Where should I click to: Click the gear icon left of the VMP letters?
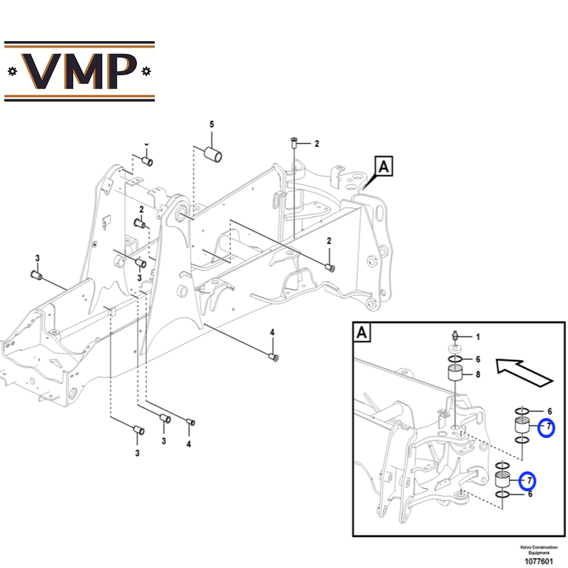click(11, 71)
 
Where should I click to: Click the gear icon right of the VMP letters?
click(146, 71)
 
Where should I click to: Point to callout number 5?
click(211, 125)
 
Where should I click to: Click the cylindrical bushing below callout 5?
click(211, 153)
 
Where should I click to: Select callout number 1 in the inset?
click(478, 337)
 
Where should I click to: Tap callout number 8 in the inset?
click(478, 374)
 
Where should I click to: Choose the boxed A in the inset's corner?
click(362, 332)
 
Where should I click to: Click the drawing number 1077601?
click(539, 561)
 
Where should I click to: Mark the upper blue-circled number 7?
click(547, 427)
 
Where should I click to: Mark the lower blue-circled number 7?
click(528, 481)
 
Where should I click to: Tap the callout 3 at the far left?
click(38, 257)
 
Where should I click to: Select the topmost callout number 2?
click(317, 143)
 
